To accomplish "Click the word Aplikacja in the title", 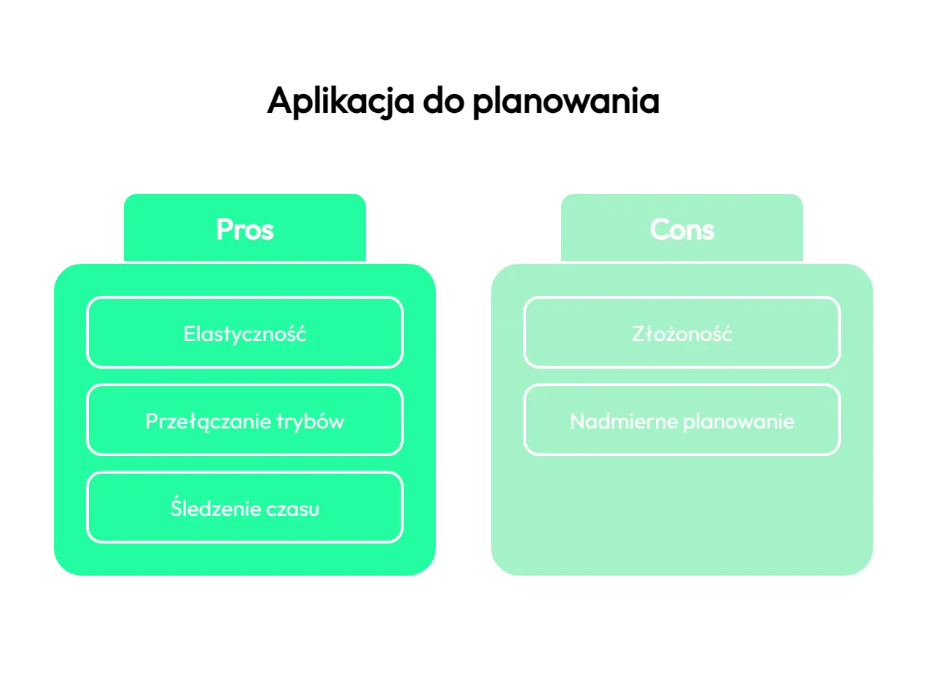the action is [340, 101].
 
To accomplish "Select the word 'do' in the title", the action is [443, 100].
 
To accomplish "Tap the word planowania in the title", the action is [566, 102].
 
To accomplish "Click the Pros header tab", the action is [245, 227].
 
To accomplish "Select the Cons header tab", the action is [681, 227].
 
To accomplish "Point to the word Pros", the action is [245, 230].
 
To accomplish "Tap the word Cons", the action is [681, 230].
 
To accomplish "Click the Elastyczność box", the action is [245, 332].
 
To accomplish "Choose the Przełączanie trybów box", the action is [245, 420].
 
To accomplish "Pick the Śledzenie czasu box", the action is [245, 507].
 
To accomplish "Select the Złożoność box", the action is [681, 332].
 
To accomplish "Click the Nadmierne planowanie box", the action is [681, 420].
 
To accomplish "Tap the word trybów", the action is [310, 422].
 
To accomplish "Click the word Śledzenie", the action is [215, 506].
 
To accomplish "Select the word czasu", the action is [292, 509].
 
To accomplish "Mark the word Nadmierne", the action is [623, 422].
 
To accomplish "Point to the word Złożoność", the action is [681, 333].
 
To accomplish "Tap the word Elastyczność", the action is [245, 334].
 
